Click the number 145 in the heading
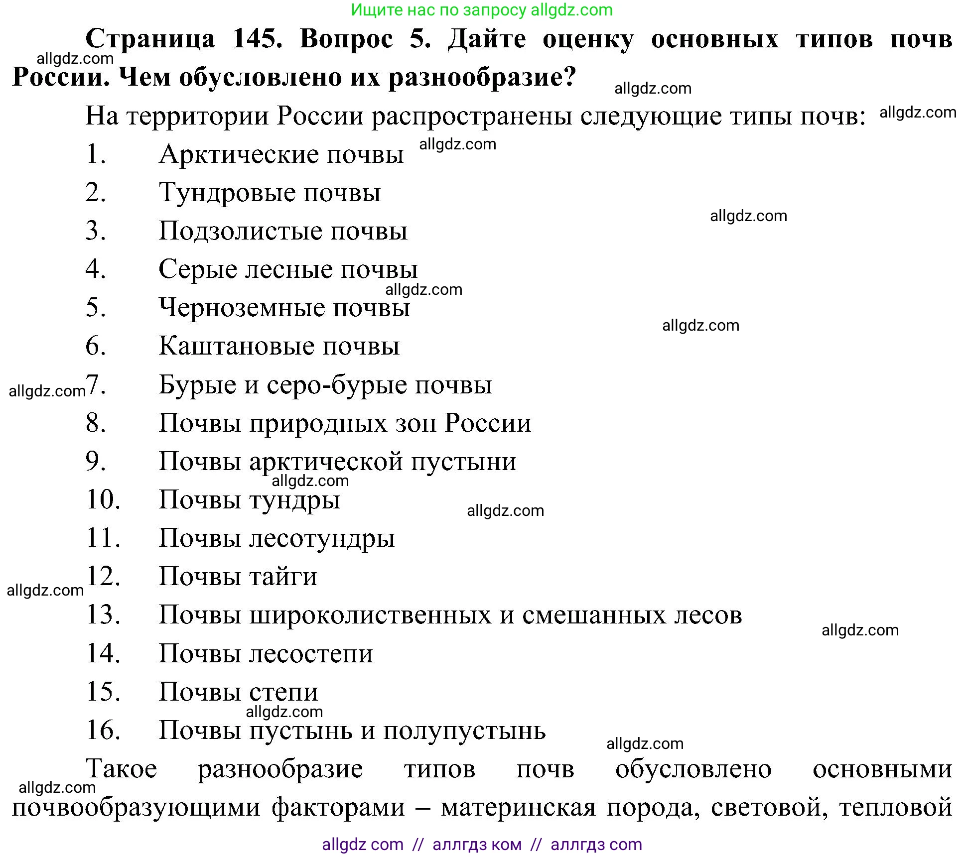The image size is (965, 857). tap(257, 39)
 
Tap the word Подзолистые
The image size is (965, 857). tap(241, 231)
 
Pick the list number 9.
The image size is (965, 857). tap(96, 461)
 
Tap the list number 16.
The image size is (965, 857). tap(103, 731)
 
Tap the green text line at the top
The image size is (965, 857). tap(482, 10)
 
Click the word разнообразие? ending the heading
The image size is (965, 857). tap(482, 78)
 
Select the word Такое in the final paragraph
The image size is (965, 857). tap(122, 769)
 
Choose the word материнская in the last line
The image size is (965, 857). tap(518, 807)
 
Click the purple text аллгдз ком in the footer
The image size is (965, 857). tap(477, 845)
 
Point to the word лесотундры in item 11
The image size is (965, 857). tap(322, 539)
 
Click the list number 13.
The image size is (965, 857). tap(103, 615)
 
